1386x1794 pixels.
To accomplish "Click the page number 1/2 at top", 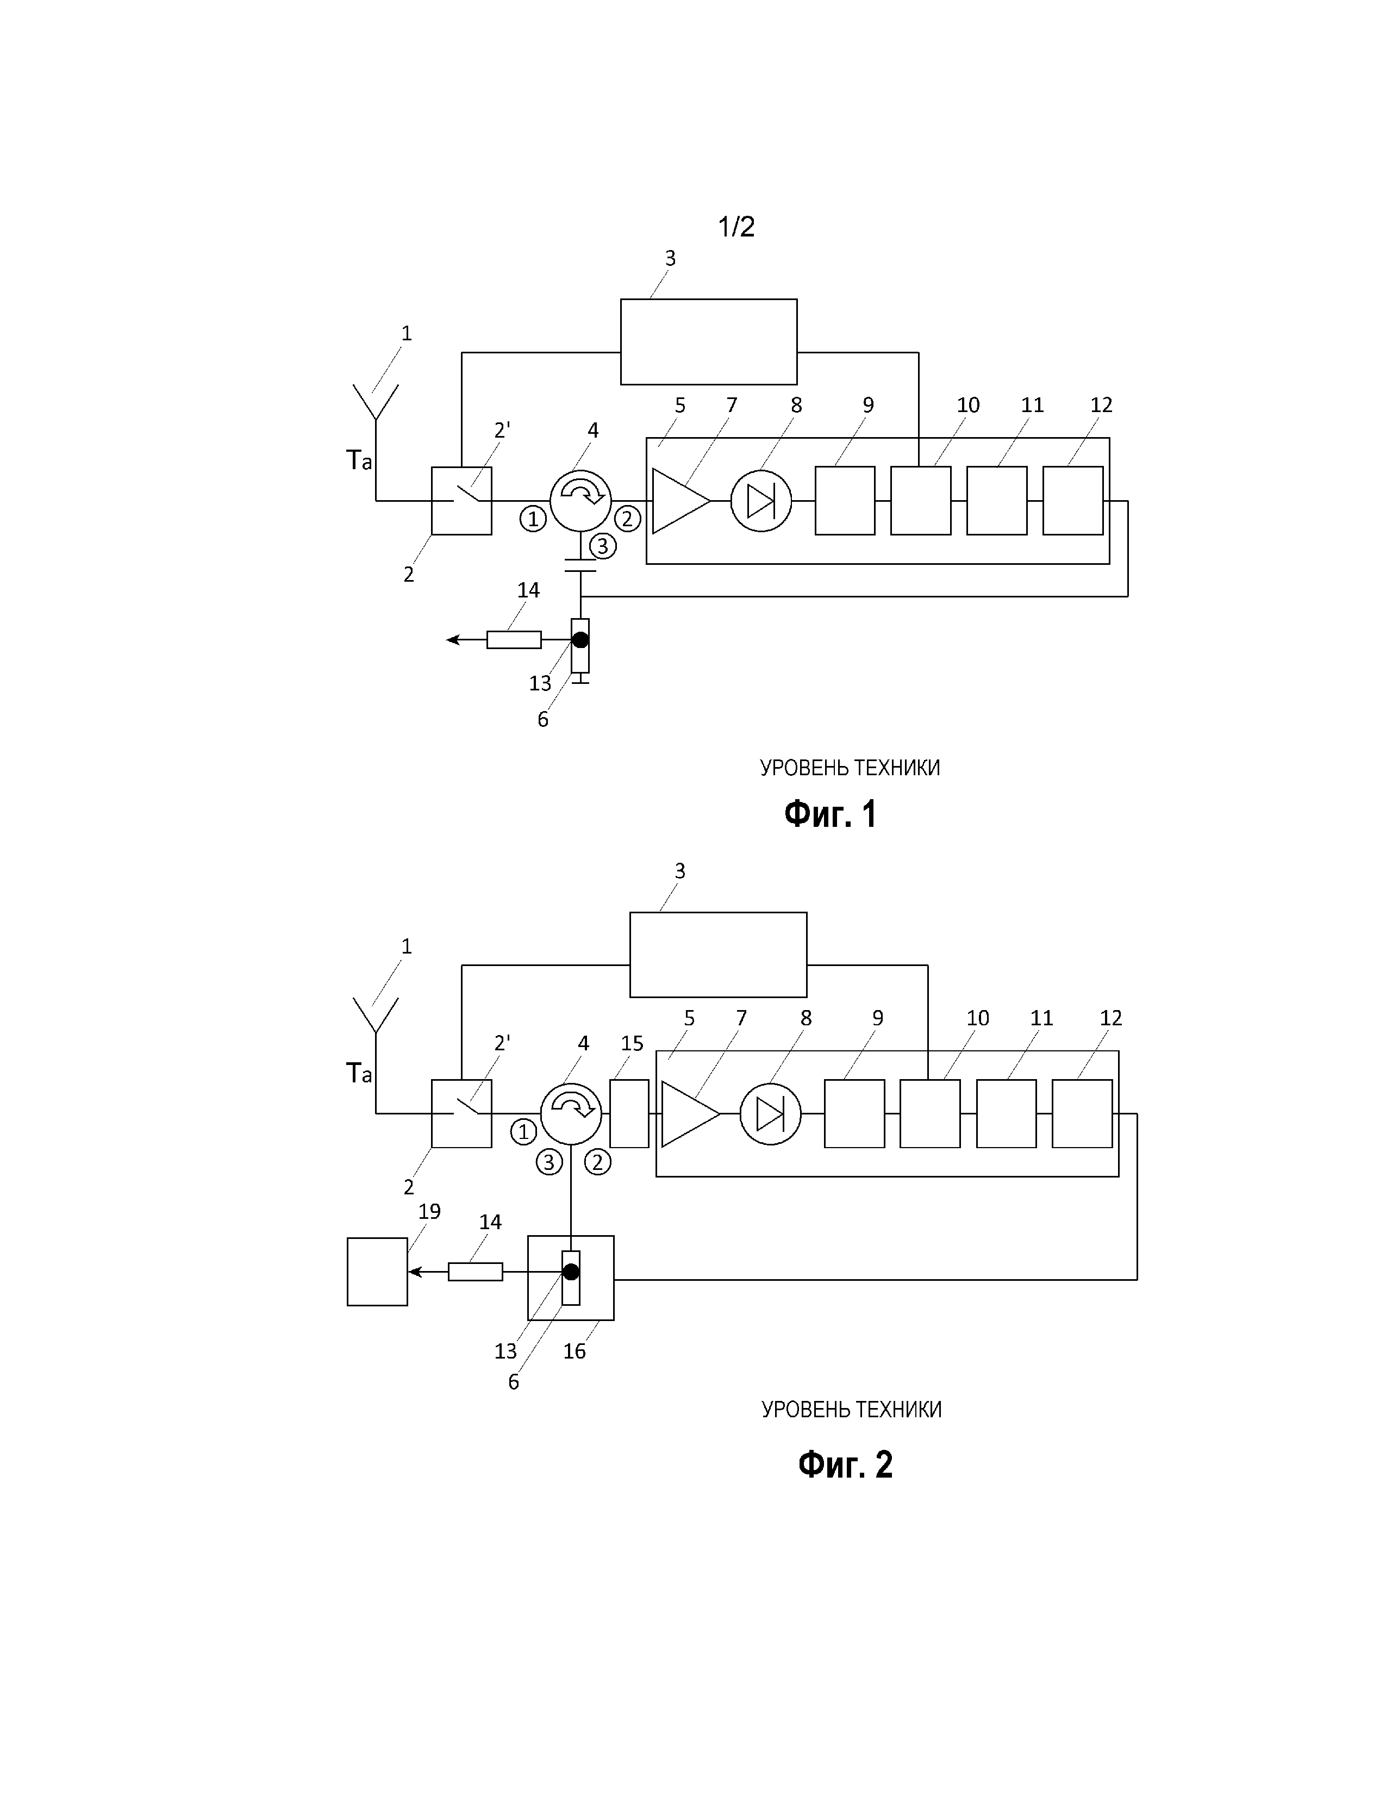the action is coord(736,227).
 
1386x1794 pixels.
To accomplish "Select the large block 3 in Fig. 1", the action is coord(709,342).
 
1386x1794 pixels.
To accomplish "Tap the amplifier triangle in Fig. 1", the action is coord(680,500).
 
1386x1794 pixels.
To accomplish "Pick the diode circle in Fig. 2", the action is coord(770,1114).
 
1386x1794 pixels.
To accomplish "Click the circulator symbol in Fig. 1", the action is coord(580,500).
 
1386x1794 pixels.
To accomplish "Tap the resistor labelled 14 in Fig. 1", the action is coord(514,639).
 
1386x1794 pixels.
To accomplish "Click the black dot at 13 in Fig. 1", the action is coord(580,639).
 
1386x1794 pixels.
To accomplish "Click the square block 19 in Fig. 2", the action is coord(377,1272).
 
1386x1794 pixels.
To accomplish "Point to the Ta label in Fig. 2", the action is coord(359,1073).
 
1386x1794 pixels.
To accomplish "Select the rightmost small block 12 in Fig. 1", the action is coord(1072,500).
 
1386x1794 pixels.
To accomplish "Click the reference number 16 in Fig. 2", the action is coord(574,1351).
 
